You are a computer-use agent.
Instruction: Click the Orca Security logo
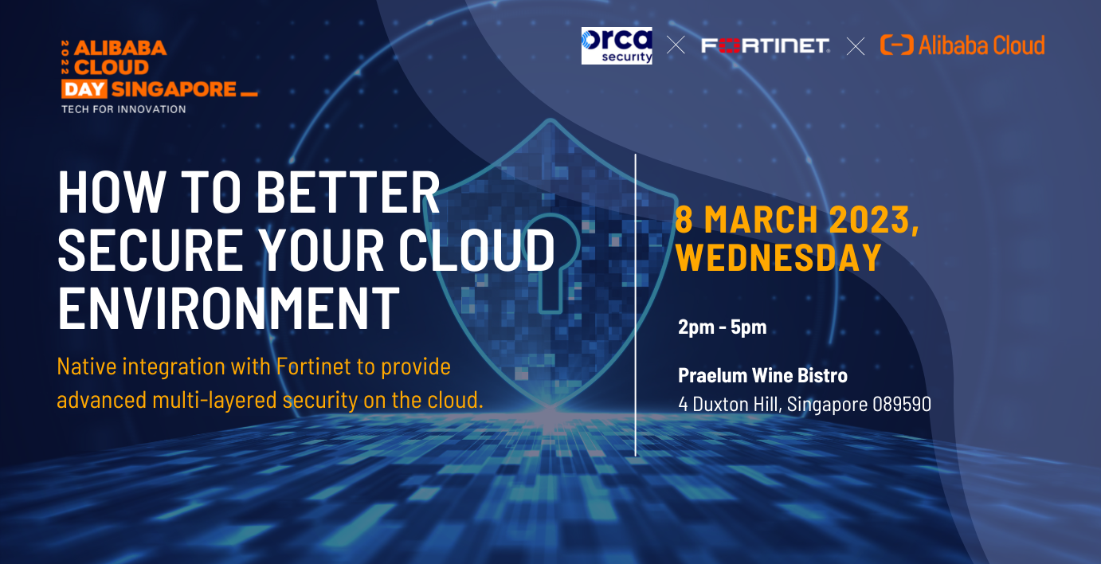click(617, 45)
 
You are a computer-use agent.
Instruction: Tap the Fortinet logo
click(765, 45)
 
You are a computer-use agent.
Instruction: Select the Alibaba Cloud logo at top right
click(962, 45)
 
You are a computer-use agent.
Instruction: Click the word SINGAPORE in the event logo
click(174, 88)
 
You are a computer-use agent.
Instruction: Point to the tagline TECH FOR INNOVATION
click(123, 108)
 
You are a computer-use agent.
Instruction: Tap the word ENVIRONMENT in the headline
click(229, 307)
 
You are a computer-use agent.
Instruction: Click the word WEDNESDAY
click(778, 257)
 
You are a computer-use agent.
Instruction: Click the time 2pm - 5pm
click(722, 327)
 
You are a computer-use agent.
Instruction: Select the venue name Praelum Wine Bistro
click(762, 374)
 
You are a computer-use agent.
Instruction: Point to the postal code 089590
click(902, 404)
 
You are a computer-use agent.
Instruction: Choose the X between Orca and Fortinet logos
click(676, 45)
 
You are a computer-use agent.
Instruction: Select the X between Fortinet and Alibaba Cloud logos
click(855, 46)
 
